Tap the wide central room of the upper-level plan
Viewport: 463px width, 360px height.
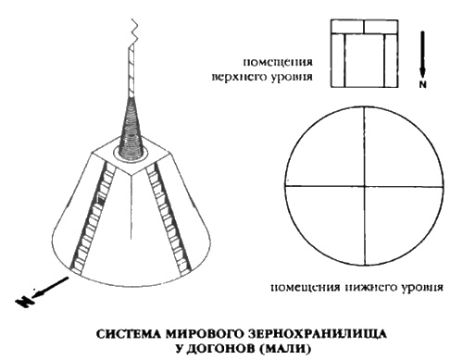click(366, 61)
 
